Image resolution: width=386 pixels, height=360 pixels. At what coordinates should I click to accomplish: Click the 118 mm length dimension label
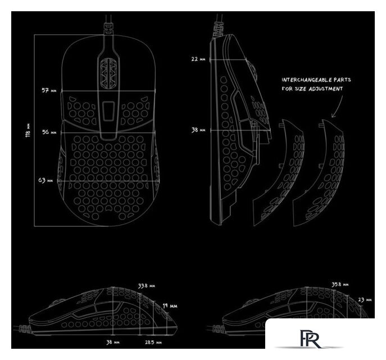[x=28, y=130]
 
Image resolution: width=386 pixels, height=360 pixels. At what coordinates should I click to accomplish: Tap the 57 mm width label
[x=49, y=91]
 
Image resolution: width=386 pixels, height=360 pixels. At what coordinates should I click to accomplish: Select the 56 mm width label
[x=49, y=132]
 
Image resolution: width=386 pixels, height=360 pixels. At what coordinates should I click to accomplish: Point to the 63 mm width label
[x=46, y=180]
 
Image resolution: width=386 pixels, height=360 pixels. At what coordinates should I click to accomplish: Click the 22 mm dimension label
[x=198, y=59]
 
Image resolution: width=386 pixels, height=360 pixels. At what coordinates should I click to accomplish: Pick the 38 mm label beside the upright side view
[x=198, y=130]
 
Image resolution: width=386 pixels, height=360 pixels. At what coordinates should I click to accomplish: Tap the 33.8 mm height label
[x=146, y=286]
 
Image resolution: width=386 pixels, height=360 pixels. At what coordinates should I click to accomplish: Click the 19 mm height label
[x=170, y=306]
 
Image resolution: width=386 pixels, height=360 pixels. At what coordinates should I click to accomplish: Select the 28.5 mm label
[x=153, y=342]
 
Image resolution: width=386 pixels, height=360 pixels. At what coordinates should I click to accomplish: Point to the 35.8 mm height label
[x=340, y=284]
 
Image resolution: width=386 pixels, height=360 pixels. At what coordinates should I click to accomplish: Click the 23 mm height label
[x=365, y=300]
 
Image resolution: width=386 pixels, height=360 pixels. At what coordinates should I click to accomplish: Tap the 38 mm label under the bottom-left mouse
[x=113, y=342]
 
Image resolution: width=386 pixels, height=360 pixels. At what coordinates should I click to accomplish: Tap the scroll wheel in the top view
[x=108, y=73]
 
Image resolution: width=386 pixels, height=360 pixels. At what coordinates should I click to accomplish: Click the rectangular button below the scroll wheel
[x=108, y=111]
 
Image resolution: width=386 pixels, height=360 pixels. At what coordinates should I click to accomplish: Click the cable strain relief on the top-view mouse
[x=108, y=28]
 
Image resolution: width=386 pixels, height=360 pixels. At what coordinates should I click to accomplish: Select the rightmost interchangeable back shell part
[x=318, y=173]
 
